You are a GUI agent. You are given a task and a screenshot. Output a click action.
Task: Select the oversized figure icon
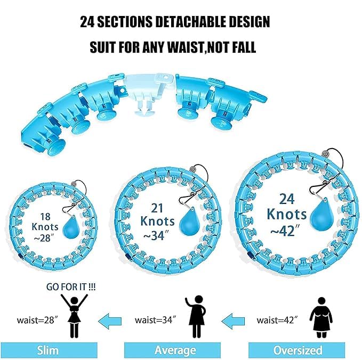click(x=321, y=318)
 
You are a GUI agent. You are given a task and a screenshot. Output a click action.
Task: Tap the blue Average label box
click(x=175, y=350)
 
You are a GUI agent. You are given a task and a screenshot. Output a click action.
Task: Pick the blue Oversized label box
click(x=297, y=350)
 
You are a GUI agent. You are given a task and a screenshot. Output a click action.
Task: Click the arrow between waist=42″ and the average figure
click(x=232, y=321)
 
